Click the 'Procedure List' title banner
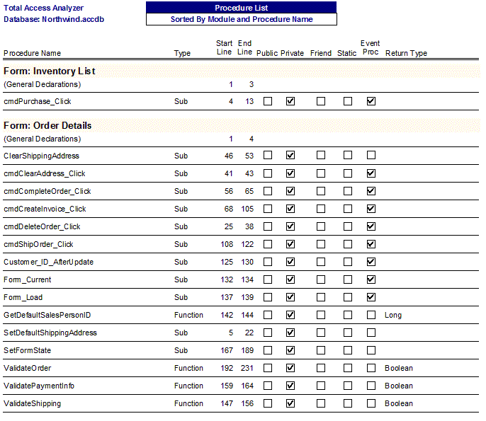[241, 7]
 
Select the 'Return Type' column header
[406, 53]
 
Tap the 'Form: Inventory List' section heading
[50, 71]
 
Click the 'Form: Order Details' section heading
[47, 125]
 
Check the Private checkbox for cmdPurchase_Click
[290, 101]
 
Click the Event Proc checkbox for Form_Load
[371, 297]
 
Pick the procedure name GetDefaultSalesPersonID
[47, 315]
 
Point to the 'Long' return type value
[393, 315]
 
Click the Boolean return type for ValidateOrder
[399, 368]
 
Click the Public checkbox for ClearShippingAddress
[268, 156]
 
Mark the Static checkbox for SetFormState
[347, 350]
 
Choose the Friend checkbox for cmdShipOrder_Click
[321, 244]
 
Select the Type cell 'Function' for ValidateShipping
[188, 403]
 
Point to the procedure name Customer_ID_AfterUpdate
[48, 262]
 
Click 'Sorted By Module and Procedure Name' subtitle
[241, 19]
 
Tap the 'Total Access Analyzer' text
[43, 8]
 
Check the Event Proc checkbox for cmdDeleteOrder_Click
[371, 226]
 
